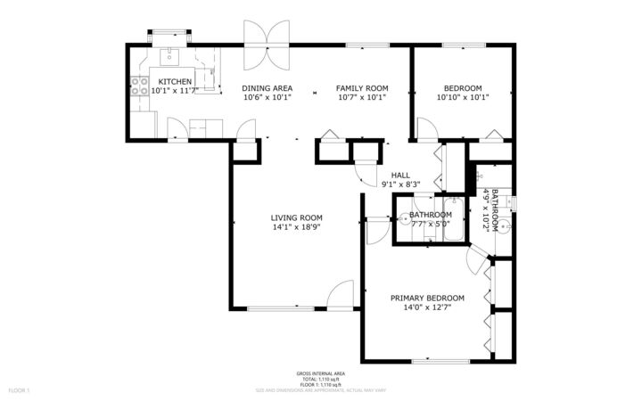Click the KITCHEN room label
(174, 81)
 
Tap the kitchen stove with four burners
(140, 86)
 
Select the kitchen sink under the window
(167, 56)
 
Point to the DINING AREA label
(267, 88)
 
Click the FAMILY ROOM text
(362, 88)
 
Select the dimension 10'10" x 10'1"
(463, 98)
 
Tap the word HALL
(400, 175)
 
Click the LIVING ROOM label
(297, 217)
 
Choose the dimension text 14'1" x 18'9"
(297, 227)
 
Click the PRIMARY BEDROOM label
(427, 298)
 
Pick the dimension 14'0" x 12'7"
(427, 307)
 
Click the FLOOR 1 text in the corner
(20, 390)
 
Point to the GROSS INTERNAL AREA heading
(320, 373)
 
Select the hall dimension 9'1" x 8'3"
(400, 184)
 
